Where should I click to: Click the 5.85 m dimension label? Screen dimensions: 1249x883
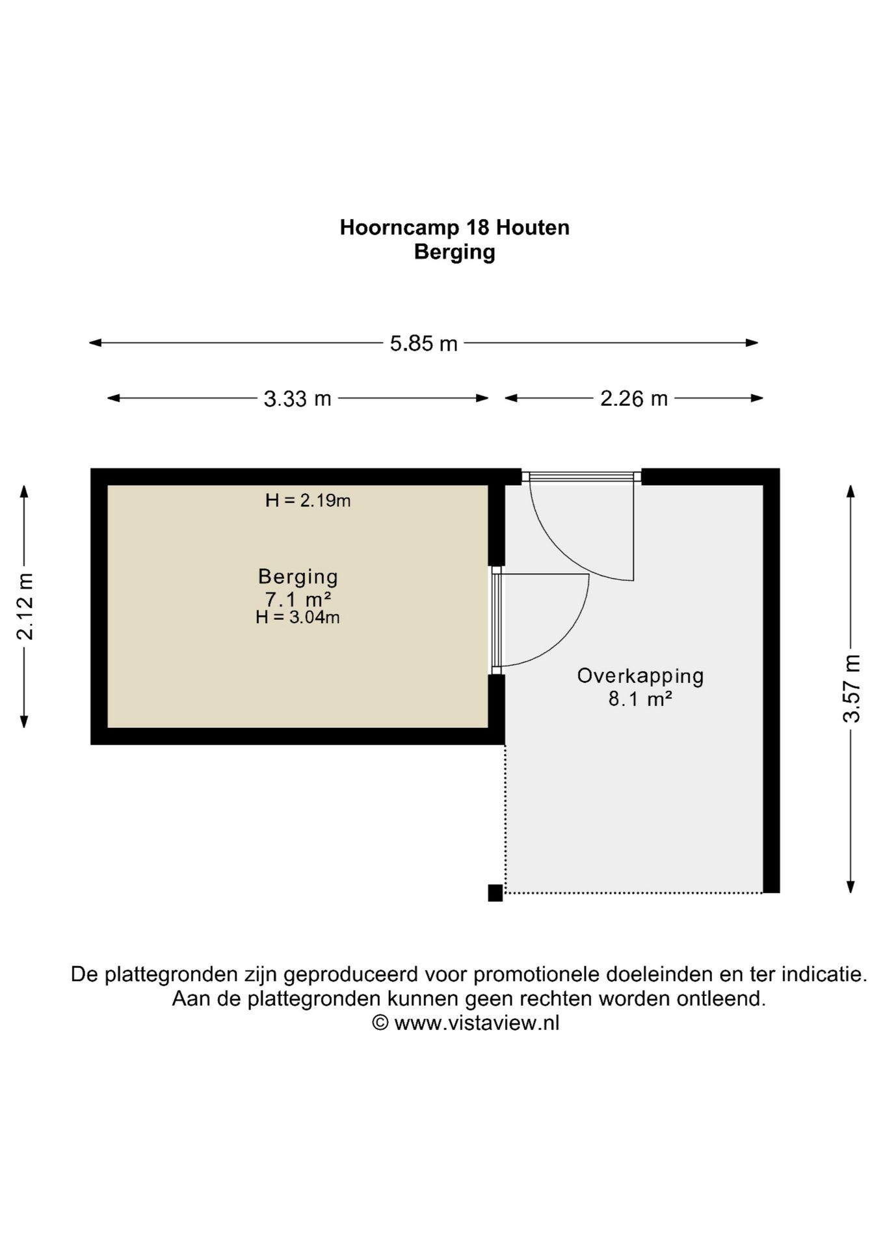pyautogui.click(x=423, y=343)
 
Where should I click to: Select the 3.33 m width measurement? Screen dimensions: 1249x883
pyautogui.click(x=297, y=398)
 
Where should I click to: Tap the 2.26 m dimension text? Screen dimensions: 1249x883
pyautogui.click(x=633, y=398)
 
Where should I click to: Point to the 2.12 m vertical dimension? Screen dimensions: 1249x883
pyautogui.click(x=25, y=606)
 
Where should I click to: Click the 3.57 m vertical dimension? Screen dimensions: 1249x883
pyautogui.click(x=851, y=688)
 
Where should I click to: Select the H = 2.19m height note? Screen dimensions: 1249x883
pyautogui.click(x=308, y=500)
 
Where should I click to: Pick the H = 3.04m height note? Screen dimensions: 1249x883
pyautogui.click(x=297, y=617)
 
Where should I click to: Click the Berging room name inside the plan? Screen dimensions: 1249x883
pyautogui.click(x=298, y=576)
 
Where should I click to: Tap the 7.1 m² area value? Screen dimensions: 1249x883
pyautogui.click(x=298, y=598)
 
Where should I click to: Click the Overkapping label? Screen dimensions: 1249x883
pyautogui.click(x=640, y=676)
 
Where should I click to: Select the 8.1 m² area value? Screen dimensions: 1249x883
pyautogui.click(x=640, y=699)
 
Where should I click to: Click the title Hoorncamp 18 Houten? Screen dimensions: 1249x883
pyautogui.click(x=455, y=228)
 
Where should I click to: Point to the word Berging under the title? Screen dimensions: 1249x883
pyautogui.click(x=455, y=252)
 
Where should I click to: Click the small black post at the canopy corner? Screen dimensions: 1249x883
pyautogui.click(x=495, y=893)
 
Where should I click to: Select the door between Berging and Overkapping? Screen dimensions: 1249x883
pyautogui.click(x=497, y=621)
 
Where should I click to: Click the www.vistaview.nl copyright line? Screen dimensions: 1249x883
pyautogui.click(x=466, y=1023)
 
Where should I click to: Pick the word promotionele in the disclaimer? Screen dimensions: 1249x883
pyautogui.click(x=536, y=974)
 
